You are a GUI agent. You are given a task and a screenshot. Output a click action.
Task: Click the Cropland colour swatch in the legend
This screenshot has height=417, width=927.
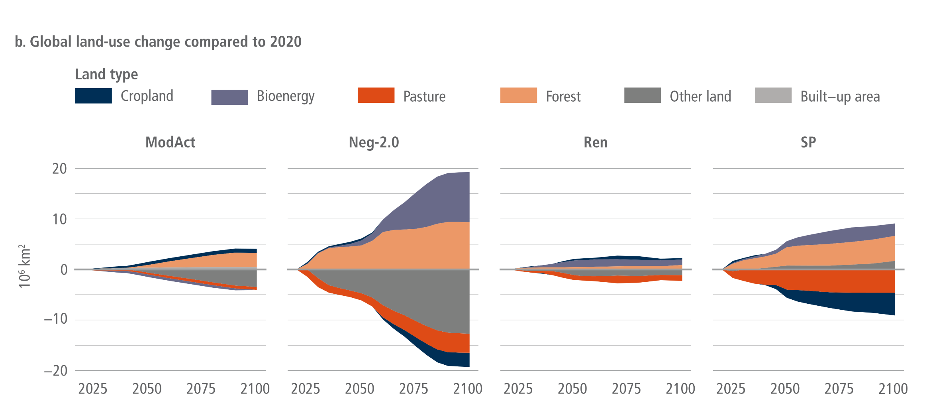coord(93,96)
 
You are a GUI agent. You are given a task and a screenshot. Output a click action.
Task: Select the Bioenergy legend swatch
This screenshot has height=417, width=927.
coord(229,97)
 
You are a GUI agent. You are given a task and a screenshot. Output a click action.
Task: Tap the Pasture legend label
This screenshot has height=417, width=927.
coord(424,96)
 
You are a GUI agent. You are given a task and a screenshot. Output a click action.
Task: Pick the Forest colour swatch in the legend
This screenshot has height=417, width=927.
coord(518,95)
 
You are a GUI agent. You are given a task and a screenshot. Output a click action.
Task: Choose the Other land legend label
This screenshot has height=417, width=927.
coord(700,96)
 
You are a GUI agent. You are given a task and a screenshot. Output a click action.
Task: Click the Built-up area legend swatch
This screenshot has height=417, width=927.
coord(773,95)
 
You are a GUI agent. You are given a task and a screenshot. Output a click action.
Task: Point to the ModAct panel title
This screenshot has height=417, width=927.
coord(170,142)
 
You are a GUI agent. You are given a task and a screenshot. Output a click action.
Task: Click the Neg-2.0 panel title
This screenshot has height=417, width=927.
coord(374,142)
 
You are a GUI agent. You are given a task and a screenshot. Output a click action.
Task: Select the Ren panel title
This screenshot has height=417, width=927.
coord(596,142)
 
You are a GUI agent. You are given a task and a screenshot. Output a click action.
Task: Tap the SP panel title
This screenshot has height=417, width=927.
coord(808,142)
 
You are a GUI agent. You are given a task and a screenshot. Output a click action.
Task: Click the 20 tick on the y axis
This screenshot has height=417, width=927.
coord(60,169)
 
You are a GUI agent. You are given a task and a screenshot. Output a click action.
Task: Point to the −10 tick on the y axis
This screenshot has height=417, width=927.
coord(56,319)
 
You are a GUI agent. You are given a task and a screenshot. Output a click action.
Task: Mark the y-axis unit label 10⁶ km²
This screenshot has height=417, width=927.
coord(24,266)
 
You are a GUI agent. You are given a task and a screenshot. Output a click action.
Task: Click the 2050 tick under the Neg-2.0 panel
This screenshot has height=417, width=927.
coord(359,389)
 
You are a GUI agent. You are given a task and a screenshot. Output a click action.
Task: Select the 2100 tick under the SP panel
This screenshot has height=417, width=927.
coord(893,389)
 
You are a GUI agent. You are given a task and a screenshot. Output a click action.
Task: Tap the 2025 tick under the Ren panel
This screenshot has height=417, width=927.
coord(518,389)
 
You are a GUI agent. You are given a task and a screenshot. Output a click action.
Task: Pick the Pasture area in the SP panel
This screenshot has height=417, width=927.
coord(837,281)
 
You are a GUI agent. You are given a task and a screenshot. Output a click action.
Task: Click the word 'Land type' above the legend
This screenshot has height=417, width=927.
coord(106,75)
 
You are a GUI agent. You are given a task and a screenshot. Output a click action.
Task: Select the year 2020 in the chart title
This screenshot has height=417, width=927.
coord(286,41)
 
